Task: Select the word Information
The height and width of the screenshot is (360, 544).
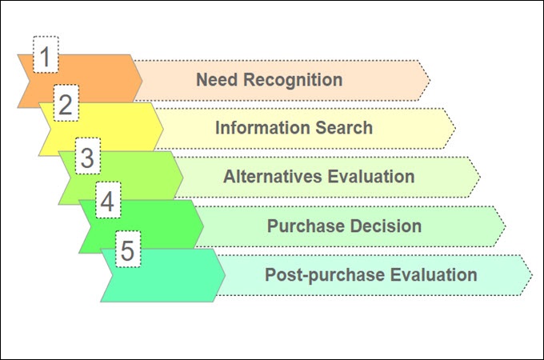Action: pyautogui.click(x=261, y=127)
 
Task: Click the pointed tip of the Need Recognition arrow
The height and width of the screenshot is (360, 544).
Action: pyautogui.click(x=430, y=80)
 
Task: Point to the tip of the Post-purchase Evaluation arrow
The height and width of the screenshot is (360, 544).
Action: pyautogui.click(x=531, y=274)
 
